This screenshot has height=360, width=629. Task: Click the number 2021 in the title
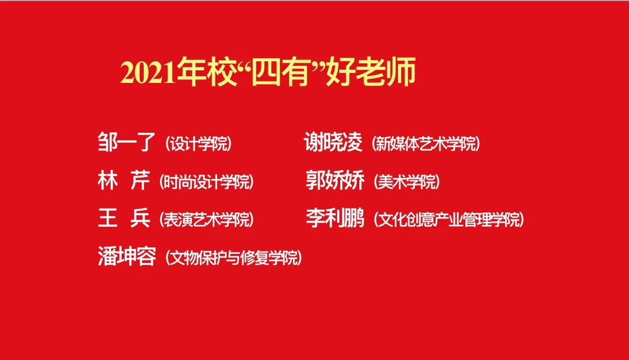pyautogui.click(x=148, y=74)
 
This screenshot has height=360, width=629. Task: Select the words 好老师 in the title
pyautogui.click(x=370, y=72)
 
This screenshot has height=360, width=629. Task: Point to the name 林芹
pyautogui.click(x=124, y=180)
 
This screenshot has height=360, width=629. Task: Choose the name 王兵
pyautogui.click(x=124, y=218)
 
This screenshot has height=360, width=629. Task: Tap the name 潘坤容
pyautogui.click(x=127, y=256)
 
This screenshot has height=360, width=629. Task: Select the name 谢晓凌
pyautogui.click(x=333, y=142)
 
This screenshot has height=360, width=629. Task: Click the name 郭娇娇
pyautogui.click(x=335, y=180)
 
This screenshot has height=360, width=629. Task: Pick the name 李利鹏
pyautogui.click(x=335, y=218)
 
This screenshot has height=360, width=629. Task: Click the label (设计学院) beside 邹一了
pyautogui.click(x=198, y=143)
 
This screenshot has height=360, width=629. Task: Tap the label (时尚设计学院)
pyautogui.click(x=207, y=182)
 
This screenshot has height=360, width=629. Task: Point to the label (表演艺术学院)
pyautogui.click(x=207, y=220)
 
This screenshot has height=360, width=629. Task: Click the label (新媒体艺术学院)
pyautogui.click(x=426, y=143)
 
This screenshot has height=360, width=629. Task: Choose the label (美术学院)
pyautogui.click(x=407, y=182)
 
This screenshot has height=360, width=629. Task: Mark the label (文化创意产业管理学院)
pyautogui.click(x=449, y=220)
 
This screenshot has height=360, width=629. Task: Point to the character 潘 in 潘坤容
pyautogui.click(x=108, y=256)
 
